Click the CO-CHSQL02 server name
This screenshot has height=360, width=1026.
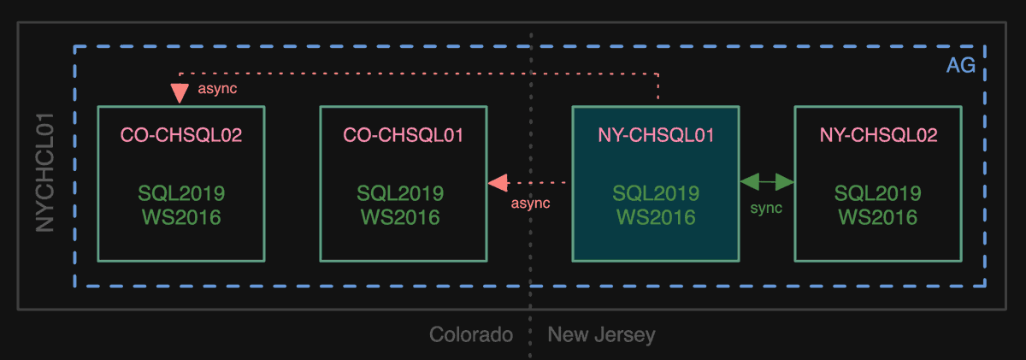pos(180,135)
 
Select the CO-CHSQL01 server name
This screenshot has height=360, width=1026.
pos(404,135)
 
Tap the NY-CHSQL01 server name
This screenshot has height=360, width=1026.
pos(656,135)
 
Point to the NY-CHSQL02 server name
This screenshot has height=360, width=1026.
pos(878,135)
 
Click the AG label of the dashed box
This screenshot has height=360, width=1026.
pos(960,67)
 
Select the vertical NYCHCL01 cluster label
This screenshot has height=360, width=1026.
pos(46,171)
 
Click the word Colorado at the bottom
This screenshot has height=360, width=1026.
pos(471,334)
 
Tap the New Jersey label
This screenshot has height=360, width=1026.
pos(601,334)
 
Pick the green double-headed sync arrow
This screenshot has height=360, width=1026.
pos(767,181)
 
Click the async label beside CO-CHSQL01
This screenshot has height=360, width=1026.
pos(530,204)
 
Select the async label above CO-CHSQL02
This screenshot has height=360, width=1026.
pos(217,88)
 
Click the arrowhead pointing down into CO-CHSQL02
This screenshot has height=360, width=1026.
pos(180,92)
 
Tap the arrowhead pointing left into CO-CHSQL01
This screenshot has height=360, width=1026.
pos(497,181)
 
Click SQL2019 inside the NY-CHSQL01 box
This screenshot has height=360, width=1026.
pos(656,193)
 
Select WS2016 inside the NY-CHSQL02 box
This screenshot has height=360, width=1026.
pos(878,217)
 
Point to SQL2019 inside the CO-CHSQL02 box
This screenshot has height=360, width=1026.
pos(180,193)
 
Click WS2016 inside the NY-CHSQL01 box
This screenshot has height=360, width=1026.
pos(656,217)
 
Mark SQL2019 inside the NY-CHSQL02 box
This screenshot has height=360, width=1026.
pos(878,193)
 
